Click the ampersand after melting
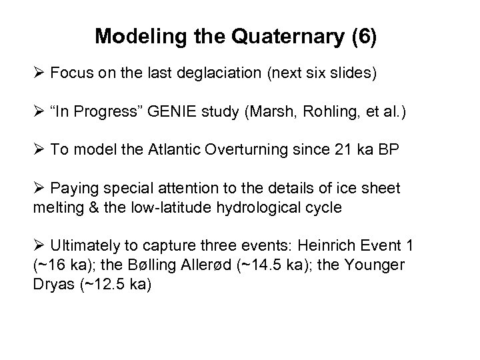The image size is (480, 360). [x=87, y=208]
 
